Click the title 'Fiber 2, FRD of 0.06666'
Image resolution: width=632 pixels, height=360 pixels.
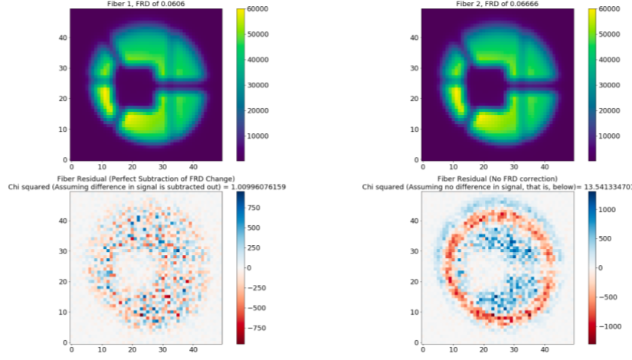[x=498, y=4]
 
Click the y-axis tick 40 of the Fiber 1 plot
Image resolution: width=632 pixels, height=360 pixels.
[x=63, y=38]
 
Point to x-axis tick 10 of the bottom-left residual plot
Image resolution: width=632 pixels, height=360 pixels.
[x=101, y=349]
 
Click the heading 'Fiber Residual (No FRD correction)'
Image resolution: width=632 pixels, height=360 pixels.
[x=498, y=178]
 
